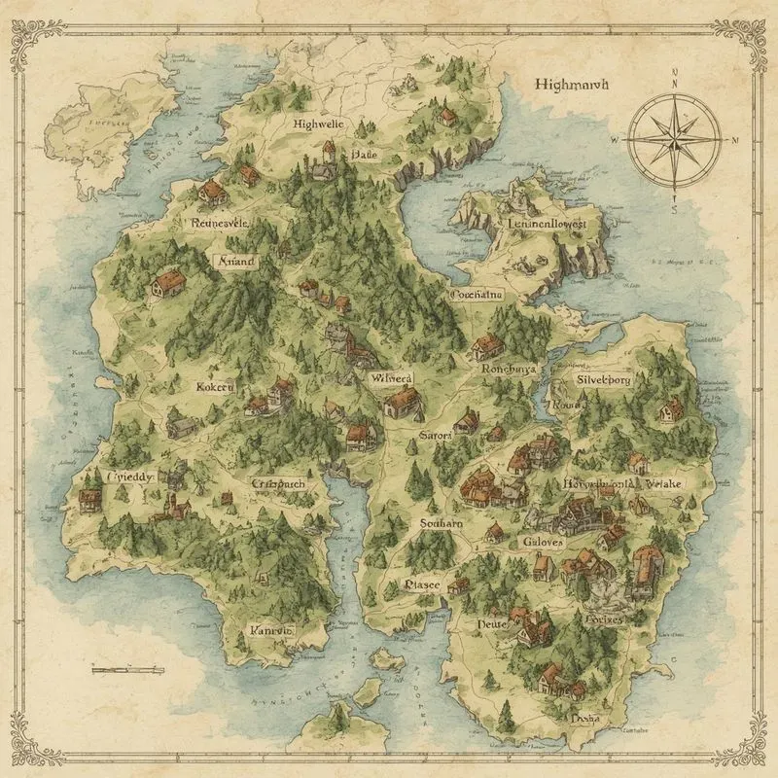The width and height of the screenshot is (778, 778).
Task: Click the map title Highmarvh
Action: click(x=571, y=85)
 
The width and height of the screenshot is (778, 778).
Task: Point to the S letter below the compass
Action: click(x=674, y=207)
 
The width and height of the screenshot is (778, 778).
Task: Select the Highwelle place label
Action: click(x=318, y=124)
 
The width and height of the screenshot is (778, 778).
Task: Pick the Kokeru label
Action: click(x=216, y=386)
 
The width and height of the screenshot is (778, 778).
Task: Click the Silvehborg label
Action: click(x=604, y=380)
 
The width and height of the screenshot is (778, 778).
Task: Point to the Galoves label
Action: click(x=543, y=542)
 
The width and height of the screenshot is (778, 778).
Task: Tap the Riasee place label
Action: click(x=422, y=585)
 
